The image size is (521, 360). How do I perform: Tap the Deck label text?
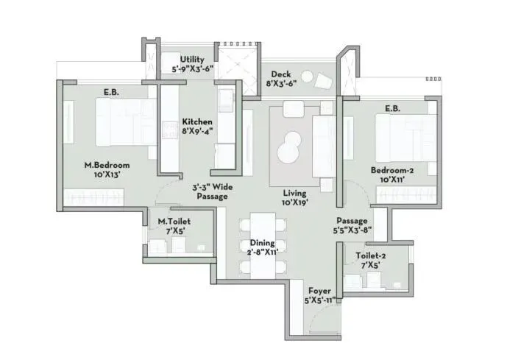point(280,79)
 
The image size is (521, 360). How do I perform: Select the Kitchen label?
point(197,127)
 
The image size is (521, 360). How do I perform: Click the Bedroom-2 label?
point(392,174)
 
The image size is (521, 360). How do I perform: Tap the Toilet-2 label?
point(370,261)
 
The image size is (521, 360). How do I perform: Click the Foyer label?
point(319,296)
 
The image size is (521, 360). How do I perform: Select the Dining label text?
point(262,247)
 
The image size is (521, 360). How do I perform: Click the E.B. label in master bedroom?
point(113,93)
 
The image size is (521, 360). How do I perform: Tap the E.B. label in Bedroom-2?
point(391,108)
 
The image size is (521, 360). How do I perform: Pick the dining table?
point(262,245)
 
